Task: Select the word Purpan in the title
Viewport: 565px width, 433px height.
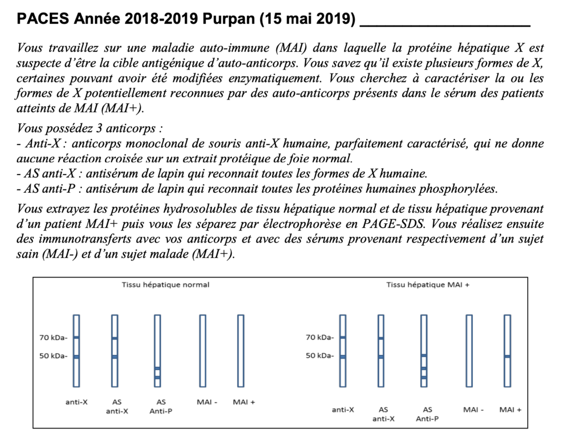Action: click(x=231, y=19)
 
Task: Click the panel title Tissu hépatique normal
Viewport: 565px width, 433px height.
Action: click(x=166, y=285)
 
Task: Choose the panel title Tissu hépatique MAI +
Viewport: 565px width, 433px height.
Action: click(x=428, y=285)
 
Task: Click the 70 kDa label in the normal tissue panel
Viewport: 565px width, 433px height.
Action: click(x=54, y=338)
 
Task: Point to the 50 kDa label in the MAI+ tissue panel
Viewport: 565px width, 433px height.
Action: click(x=320, y=356)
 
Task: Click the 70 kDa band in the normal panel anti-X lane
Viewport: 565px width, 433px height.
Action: click(x=76, y=338)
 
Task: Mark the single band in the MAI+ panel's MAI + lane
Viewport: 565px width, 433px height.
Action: click(x=507, y=356)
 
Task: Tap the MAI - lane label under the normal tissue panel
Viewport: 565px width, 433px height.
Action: click(x=207, y=402)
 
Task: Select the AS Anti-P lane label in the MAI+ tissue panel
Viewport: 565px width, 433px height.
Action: click(x=427, y=414)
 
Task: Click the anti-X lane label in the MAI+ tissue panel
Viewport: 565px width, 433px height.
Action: click(x=343, y=409)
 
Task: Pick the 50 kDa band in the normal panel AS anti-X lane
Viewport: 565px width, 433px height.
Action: click(x=115, y=357)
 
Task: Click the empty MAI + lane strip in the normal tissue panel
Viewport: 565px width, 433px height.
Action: click(x=241, y=350)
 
